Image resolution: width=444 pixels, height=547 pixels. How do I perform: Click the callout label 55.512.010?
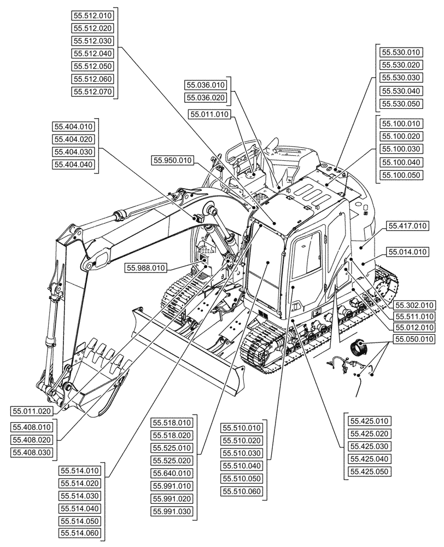click(x=92, y=15)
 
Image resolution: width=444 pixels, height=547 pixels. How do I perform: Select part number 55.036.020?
click(x=206, y=97)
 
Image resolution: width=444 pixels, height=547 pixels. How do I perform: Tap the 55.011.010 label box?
click(x=209, y=114)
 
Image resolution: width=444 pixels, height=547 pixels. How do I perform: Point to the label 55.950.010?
click(x=173, y=160)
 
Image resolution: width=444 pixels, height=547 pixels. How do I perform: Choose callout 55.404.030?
click(x=73, y=152)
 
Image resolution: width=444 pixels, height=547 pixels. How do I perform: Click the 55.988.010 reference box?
click(x=146, y=267)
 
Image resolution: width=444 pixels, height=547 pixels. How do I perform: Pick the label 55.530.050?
click(x=401, y=103)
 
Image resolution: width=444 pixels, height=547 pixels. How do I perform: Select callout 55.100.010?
click(x=401, y=124)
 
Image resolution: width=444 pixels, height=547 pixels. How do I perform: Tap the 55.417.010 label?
click(x=407, y=225)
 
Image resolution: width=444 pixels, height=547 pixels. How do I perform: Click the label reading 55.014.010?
click(x=407, y=252)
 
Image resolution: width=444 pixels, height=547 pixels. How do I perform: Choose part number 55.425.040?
click(x=369, y=459)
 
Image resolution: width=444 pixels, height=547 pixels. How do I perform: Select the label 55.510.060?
click(x=242, y=491)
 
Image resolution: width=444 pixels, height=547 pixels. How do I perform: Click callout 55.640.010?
click(x=172, y=473)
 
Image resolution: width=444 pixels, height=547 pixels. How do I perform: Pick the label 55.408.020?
click(x=32, y=440)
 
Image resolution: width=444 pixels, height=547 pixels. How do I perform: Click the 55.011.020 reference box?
click(x=32, y=411)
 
